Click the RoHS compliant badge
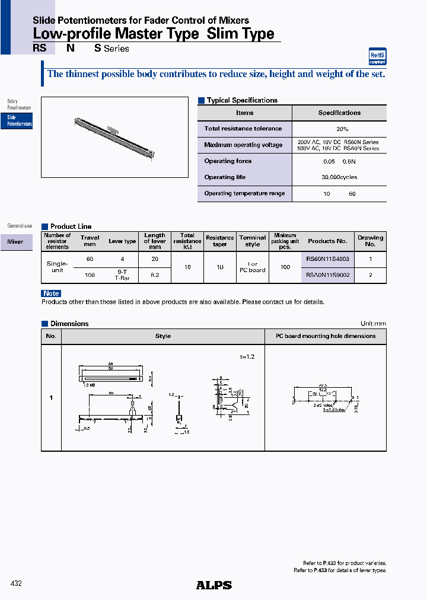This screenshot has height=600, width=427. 377,56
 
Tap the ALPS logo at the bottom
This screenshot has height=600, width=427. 213,585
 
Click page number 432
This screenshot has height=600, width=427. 17,584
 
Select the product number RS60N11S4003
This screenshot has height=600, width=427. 327,259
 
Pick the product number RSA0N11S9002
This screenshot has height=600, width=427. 327,275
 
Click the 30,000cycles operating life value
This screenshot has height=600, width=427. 339,177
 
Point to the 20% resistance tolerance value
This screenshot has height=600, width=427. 339,129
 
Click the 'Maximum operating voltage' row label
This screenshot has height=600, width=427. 243,145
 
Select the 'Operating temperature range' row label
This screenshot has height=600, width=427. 244,193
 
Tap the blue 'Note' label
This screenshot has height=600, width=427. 51,293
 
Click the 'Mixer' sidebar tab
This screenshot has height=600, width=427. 16,242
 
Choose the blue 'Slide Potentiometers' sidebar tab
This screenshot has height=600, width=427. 17,121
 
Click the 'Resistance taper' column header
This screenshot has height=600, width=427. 220,241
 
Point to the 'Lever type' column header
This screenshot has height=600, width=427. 122,241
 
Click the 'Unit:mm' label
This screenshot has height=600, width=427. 373,324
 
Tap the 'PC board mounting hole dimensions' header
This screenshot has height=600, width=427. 326,336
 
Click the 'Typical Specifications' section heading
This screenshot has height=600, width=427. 242,100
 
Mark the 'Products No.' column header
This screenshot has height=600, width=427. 327,241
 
